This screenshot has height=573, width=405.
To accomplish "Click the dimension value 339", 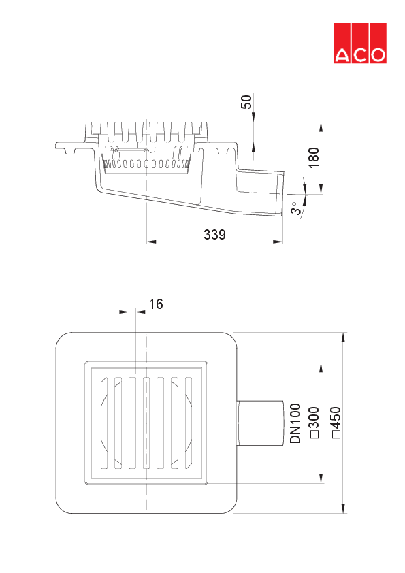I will click(x=215, y=234).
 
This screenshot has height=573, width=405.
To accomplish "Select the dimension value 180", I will click(x=312, y=157).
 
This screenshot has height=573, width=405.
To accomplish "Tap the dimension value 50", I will click(x=246, y=102).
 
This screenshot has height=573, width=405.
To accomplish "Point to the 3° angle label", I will click(x=295, y=208).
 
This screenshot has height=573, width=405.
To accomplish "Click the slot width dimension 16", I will click(x=156, y=304).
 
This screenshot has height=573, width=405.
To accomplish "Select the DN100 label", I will click(x=295, y=423).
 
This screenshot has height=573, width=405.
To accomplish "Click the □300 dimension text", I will click(x=314, y=423).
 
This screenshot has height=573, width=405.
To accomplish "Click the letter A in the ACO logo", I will click(x=342, y=55).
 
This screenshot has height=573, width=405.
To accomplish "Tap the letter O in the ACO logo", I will click(x=376, y=55).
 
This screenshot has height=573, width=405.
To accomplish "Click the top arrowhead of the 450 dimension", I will click(x=344, y=335).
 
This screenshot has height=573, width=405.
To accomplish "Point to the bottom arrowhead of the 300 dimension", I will click(x=321, y=481).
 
